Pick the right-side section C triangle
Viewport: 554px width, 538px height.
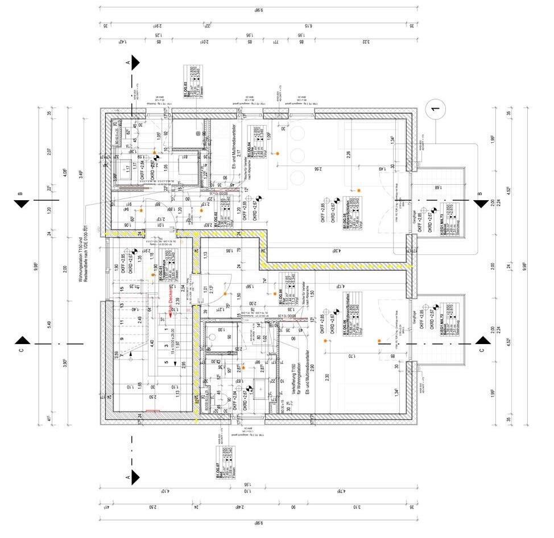point(483,344)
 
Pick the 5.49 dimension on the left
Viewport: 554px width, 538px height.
point(49,325)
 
